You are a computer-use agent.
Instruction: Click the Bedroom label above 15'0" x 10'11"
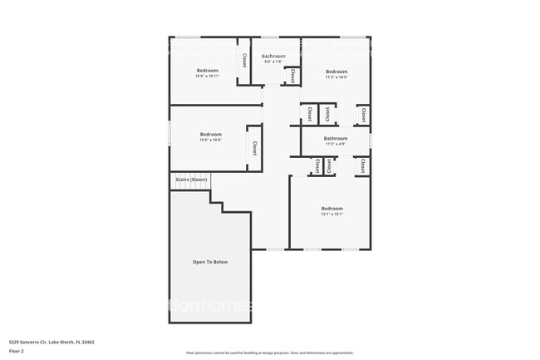(x=207, y=71)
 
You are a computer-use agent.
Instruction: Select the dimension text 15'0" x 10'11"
(x=207, y=76)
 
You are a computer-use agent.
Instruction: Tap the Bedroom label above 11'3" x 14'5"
(x=336, y=72)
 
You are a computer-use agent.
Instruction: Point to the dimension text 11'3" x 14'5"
(x=336, y=77)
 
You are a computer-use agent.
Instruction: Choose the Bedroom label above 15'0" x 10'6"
(x=210, y=134)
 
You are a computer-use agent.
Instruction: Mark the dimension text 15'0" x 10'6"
(x=210, y=140)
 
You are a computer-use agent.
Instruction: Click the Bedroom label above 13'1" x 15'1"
(x=332, y=208)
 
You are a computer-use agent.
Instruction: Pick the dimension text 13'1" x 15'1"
(x=332, y=214)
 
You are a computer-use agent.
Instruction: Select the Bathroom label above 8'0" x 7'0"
(x=274, y=56)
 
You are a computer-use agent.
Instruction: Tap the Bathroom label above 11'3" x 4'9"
(x=336, y=138)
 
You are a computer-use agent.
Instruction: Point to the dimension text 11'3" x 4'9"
(x=336, y=144)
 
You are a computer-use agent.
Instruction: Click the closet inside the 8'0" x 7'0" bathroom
(x=292, y=76)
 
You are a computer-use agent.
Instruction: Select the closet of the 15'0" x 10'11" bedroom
(x=244, y=61)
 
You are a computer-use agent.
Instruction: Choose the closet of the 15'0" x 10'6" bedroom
(x=254, y=148)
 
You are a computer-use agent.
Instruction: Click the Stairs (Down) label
(x=191, y=180)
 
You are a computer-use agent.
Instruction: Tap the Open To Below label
(x=210, y=262)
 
